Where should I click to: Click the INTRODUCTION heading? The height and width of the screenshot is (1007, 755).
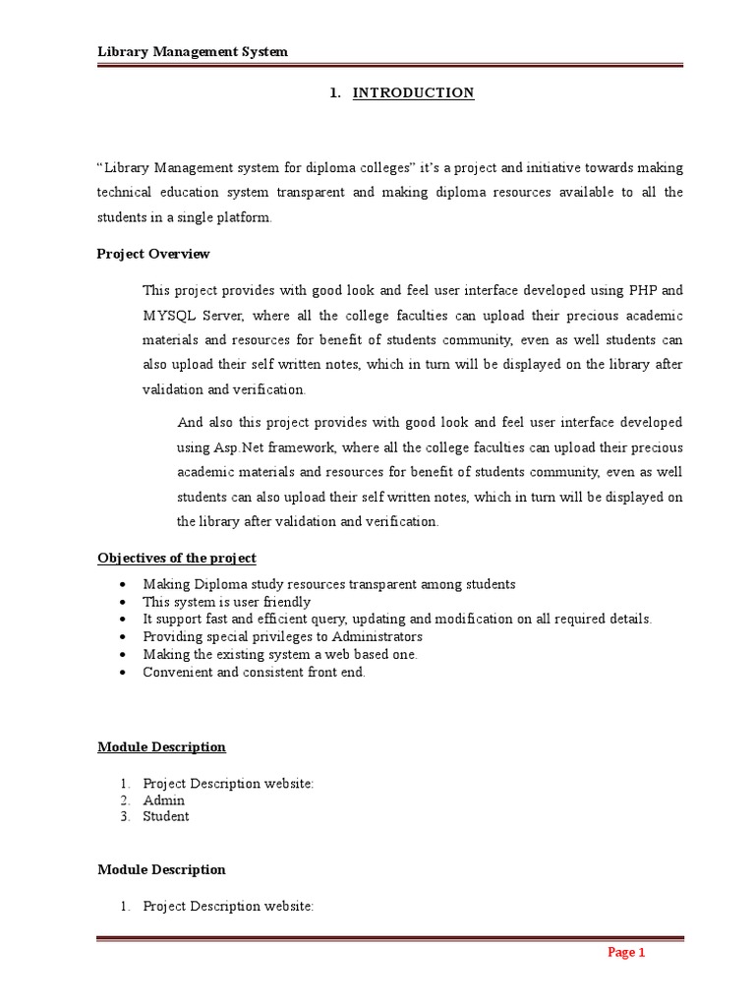click(413, 92)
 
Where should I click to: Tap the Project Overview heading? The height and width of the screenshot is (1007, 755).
click(153, 254)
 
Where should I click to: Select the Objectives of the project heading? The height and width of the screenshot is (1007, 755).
click(177, 558)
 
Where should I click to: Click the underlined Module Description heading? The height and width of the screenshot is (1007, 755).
click(161, 746)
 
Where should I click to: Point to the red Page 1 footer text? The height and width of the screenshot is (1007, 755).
click(625, 952)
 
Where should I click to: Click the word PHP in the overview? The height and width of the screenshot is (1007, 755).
click(643, 290)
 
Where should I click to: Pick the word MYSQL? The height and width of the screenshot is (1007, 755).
click(171, 316)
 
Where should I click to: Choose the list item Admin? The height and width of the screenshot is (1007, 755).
click(163, 800)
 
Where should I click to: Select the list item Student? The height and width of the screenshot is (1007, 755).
click(166, 816)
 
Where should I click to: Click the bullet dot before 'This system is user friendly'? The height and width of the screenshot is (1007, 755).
click(120, 602)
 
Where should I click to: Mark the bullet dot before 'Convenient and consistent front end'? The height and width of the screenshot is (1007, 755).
click(120, 673)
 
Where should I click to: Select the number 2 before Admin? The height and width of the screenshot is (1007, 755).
click(125, 800)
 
